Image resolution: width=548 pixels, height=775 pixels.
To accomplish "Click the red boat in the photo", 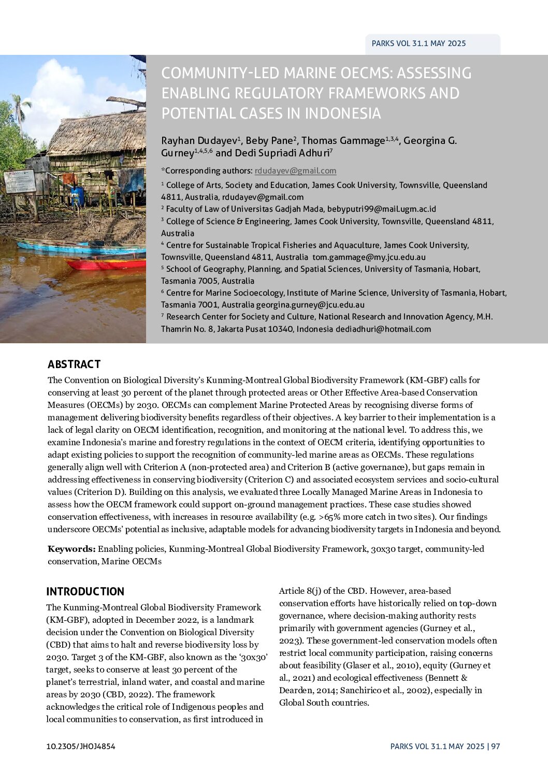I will click(106, 264).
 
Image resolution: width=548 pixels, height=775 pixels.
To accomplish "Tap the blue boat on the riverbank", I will click(78, 247).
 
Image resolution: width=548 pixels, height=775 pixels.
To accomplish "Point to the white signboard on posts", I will click(20, 182).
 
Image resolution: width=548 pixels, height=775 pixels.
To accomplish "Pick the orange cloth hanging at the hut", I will click(68, 179).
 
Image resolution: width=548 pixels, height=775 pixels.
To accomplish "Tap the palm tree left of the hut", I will click(21, 106).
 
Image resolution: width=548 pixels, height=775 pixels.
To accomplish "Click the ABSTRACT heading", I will click(74, 364).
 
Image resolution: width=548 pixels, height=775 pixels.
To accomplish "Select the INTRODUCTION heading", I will click(85, 591).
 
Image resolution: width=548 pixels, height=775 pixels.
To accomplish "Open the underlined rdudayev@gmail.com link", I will click(295, 170).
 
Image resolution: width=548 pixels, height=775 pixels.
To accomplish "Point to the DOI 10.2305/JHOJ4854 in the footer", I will click(81, 746).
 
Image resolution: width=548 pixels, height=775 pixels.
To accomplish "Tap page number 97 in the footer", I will click(496, 746).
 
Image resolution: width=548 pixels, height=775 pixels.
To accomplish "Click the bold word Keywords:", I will click(71, 549).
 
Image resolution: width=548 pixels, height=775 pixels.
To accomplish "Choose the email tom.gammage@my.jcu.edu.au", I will click(369, 257).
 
